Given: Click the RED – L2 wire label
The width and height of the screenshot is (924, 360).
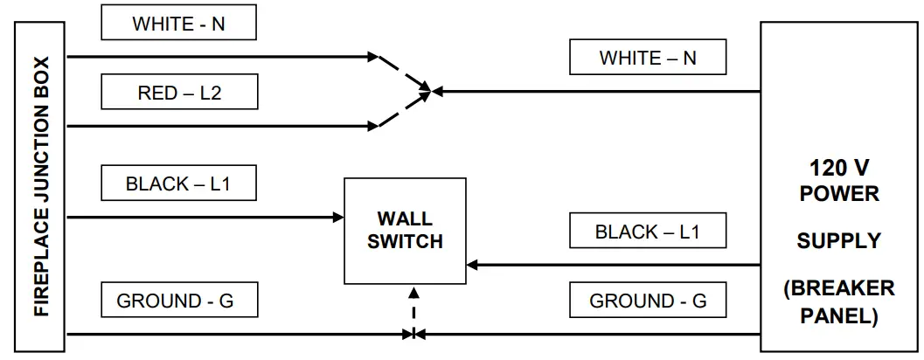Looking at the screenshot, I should (179, 92).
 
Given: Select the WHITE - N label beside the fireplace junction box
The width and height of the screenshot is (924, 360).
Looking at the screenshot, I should (178, 24).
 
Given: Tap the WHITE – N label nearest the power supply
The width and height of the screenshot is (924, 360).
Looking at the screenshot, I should (648, 59).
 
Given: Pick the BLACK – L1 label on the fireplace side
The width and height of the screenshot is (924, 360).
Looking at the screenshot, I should (178, 183).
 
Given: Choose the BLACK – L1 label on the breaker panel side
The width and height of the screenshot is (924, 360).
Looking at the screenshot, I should (648, 232).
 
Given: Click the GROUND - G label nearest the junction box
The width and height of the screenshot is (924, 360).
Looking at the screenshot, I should (178, 301).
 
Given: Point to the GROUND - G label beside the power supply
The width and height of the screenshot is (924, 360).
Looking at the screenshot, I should (648, 301).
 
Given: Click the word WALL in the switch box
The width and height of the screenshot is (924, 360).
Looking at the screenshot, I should (405, 218).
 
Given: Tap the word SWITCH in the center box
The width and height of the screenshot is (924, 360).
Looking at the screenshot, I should (405, 241).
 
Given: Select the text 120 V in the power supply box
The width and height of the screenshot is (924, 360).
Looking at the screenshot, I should (838, 168).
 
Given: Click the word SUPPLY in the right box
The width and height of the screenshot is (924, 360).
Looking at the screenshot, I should (838, 240).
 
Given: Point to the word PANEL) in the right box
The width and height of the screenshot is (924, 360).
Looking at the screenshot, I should (838, 315).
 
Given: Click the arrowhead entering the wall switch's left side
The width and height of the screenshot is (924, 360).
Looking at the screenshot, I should (338, 217).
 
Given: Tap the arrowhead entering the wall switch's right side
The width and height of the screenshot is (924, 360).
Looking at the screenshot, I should (473, 264).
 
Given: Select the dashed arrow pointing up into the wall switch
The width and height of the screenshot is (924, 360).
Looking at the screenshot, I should (413, 303).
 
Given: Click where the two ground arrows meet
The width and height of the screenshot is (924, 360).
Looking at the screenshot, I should (413, 334).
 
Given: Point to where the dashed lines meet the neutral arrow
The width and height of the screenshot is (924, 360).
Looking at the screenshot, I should (428, 90).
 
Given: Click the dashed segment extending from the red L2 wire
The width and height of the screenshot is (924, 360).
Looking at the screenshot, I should (402, 108).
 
